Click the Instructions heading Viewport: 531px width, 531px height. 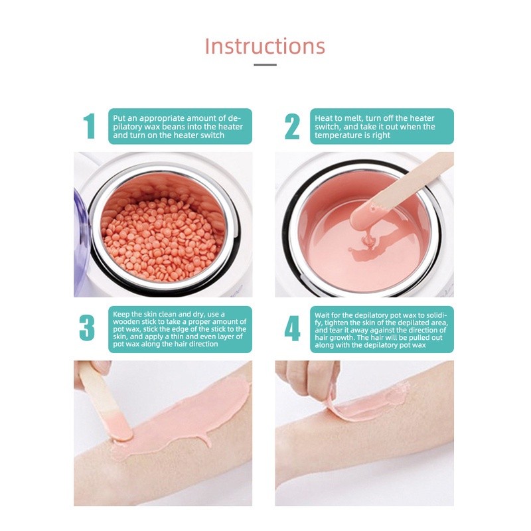[265, 46]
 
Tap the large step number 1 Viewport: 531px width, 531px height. [89, 126]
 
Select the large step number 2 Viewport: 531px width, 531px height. [292, 126]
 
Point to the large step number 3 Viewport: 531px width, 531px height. [87, 327]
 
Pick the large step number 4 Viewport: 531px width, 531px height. [292, 328]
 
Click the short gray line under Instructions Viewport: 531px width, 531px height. [265, 64]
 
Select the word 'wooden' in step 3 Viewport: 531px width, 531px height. [126, 322]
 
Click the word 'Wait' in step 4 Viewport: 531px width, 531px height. [322, 315]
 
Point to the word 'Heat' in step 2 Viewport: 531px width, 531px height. [323, 118]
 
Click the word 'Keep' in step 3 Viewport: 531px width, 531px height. [121, 314]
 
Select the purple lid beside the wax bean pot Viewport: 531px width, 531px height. [82, 243]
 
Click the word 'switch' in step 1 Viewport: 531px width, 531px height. [212, 135]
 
